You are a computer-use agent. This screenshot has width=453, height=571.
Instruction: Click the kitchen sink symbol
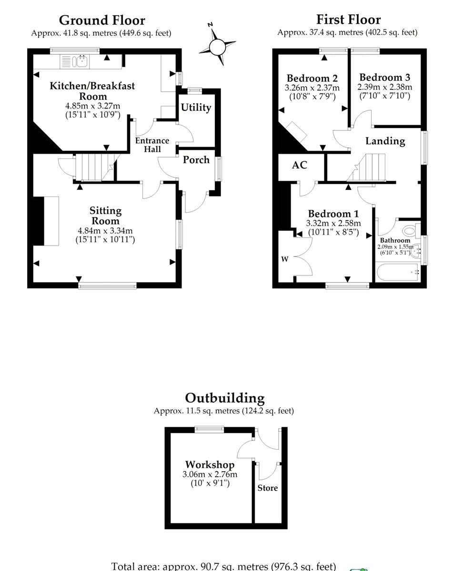(75, 61)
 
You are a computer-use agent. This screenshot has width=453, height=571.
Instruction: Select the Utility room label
(196, 107)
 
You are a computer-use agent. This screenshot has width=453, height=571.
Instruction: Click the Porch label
(196, 160)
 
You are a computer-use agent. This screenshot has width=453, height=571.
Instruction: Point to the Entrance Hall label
(152, 145)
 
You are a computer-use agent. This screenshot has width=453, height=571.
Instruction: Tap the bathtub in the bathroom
(398, 272)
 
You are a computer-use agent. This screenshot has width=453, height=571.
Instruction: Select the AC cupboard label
(300, 165)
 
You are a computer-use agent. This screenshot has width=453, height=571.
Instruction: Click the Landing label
(385, 141)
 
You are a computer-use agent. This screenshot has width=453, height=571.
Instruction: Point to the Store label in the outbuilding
(268, 488)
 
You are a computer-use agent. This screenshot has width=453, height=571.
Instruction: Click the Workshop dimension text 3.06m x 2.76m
(210, 474)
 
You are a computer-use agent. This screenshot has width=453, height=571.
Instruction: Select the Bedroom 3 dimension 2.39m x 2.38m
(384, 87)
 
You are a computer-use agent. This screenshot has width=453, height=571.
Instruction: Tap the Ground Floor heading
(102, 20)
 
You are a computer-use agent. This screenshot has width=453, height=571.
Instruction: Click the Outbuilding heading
(225, 398)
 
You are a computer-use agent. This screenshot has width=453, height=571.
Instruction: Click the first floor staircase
(366, 167)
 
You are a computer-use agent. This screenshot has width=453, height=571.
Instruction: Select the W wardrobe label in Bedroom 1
(284, 259)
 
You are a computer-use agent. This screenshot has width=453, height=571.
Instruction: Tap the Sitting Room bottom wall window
(107, 285)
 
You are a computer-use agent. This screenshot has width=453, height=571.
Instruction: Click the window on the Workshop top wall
(209, 429)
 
